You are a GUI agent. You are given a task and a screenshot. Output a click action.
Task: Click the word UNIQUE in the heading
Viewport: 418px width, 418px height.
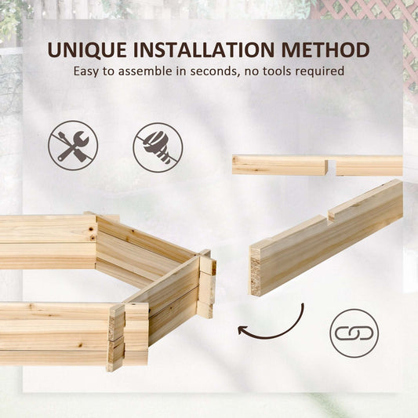coord(86,50)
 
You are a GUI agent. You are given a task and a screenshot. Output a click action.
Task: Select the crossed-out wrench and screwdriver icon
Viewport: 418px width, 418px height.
coord(73,146)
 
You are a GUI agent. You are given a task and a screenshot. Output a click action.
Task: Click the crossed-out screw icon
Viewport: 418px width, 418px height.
coord(158,147)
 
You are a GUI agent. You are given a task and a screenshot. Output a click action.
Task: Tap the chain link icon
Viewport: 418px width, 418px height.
coord(354,333)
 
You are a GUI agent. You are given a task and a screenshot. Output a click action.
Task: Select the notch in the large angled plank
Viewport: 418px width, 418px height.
coord(329,216)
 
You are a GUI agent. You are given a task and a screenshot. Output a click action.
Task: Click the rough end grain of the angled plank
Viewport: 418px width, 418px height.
coord(256,271)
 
